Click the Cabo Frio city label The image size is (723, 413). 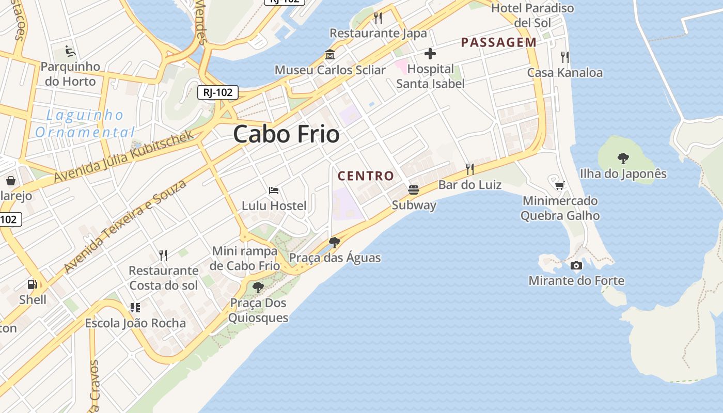pyautogui.click(x=286, y=134)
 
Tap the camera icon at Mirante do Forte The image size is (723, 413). pyautogui.click(x=576, y=266)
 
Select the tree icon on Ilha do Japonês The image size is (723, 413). pyautogui.click(x=623, y=158)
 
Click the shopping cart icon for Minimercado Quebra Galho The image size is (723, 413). pyautogui.click(x=559, y=185)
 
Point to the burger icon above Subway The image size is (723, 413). pyautogui.click(x=413, y=190)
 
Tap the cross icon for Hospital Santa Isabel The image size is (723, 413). pyautogui.click(x=430, y=53)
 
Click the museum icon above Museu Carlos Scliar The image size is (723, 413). pyautogui.click(x=329, y=54)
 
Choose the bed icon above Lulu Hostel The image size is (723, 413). pyautogui.click(x=274, y=190)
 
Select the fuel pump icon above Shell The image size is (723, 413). pyautogui.click(x=32, y=284)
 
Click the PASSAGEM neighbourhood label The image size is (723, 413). pyautogui.click(x=498, y=42)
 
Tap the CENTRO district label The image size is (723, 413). pyautogui.click(x=366, y=176)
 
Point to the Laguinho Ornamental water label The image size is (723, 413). pyautogui.click(x=85, y=123)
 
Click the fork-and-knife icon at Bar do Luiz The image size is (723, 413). pyautogui.click(x=469, y=169)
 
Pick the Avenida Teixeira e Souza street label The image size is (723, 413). pyautogui.click(x=124, y=226)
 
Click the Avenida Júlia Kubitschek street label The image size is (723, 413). pyautogui.click(x=124, y=155)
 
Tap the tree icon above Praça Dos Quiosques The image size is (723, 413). pyautogui.click(x=258, y=288)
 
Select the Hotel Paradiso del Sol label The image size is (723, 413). pyautogui.click(x=532, y=15)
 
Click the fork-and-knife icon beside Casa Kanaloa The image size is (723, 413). pyautogui.click(x=564, y=57)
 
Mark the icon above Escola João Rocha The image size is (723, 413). pyautogui.click(x=135, y=308)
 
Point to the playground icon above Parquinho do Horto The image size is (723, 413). pyautogui.click(x=70, y=51)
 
